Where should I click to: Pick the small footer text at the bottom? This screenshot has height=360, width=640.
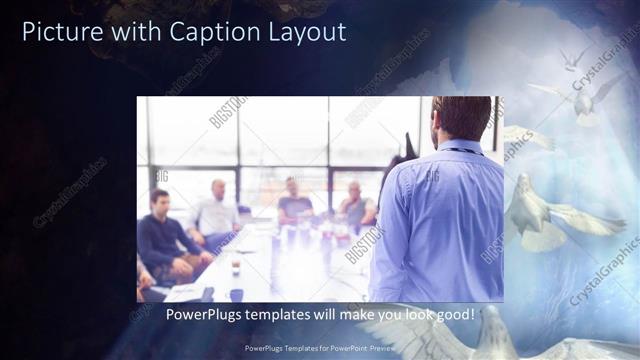point(319,349)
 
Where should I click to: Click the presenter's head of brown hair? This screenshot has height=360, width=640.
point(463,118)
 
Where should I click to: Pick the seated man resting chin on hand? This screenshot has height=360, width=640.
point(356,205)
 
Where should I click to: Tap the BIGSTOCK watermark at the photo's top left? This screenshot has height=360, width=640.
point(228,112)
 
